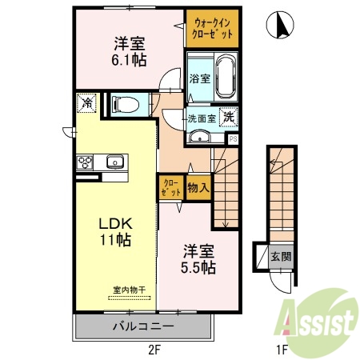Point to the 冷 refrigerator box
tap(85, 102)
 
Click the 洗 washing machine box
tap(228, 115)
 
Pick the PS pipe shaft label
tap(233, 138)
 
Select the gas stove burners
tap(85, 162)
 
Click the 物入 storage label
tap(198, 189)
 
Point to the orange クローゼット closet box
tap(170, 189)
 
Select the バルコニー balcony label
tap(143, 326)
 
